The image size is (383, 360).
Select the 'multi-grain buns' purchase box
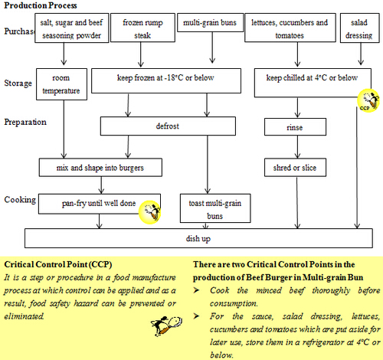[x=211, y=23]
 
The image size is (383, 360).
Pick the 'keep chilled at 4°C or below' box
[x=312, y=77]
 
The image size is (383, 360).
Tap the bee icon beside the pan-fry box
[x=151, y=211]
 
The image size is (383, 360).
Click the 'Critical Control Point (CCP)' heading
[x=55, y=264]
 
